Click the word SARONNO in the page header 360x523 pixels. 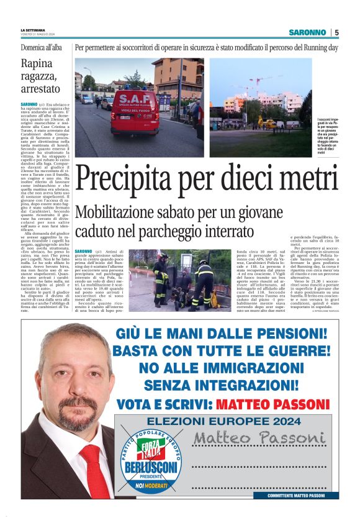pyautogui.click(x=307, y=32)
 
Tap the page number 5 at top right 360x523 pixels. pyautogui.click(x=336, y=32)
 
